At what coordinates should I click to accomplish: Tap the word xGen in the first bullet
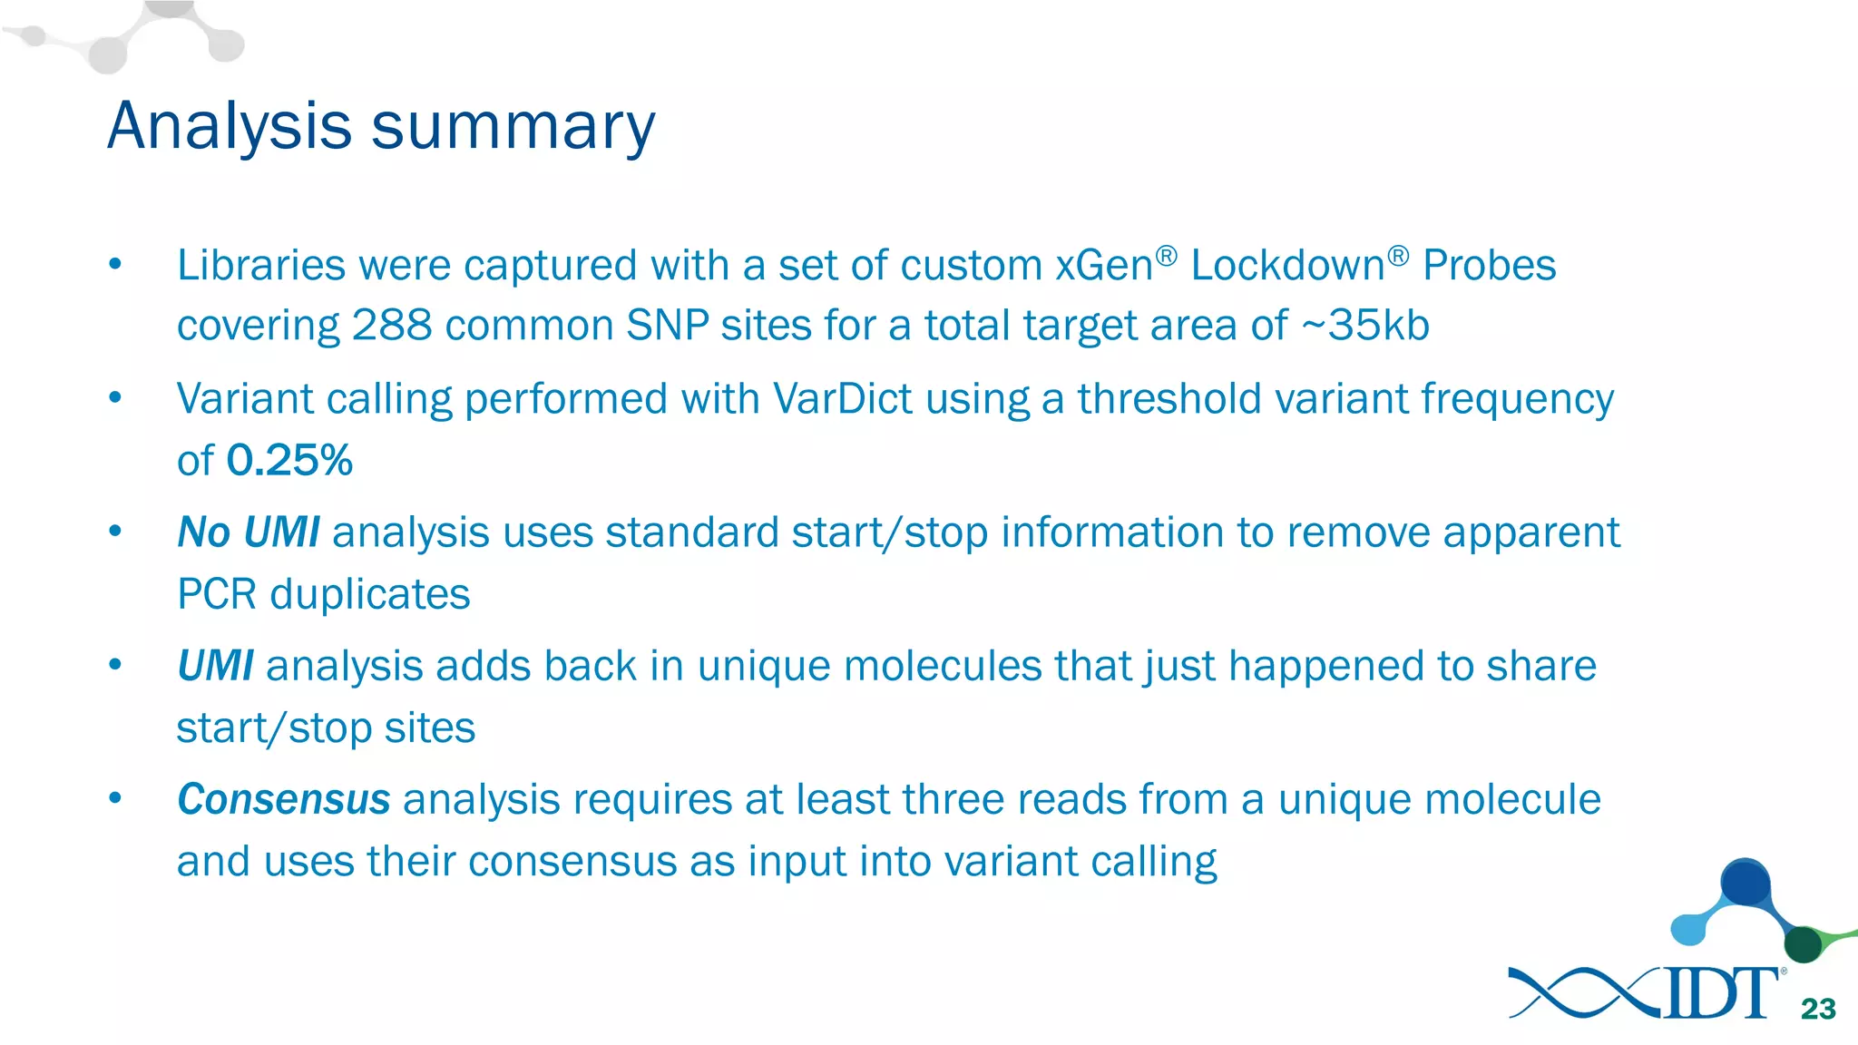[1103, 266]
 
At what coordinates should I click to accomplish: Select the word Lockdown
[1287, 266]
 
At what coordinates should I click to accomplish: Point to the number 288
[392, 326]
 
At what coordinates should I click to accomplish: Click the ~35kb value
[1365, 326]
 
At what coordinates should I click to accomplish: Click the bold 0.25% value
[289, 460]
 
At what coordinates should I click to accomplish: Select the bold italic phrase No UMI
[248, 532]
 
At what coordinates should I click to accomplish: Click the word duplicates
[370, 595]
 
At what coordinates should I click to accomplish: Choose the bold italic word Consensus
[283, 800]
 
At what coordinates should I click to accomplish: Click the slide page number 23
[1818, 1009]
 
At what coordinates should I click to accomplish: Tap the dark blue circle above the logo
[1745, 883]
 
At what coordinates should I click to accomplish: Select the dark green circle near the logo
[1803, 944]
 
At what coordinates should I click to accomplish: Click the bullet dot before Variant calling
[115, 398]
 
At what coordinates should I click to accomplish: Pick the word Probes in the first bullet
[1489, 266]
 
